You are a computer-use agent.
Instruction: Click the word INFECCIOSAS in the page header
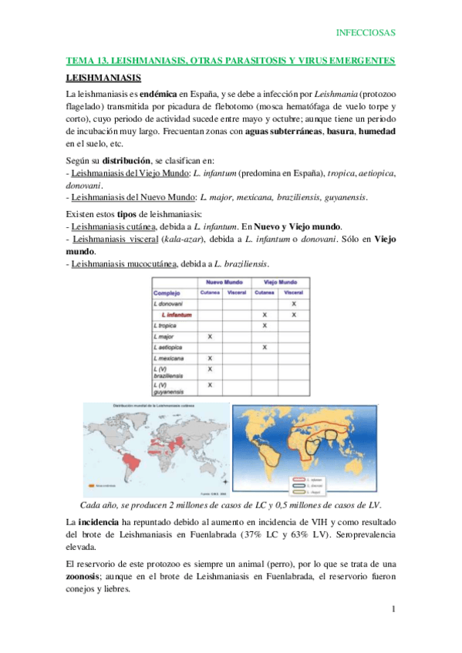(366, 32)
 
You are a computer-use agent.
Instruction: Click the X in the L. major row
(210, 337)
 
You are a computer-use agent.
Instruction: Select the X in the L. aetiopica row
(265, 347)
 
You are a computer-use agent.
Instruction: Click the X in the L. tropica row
(265, 326)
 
